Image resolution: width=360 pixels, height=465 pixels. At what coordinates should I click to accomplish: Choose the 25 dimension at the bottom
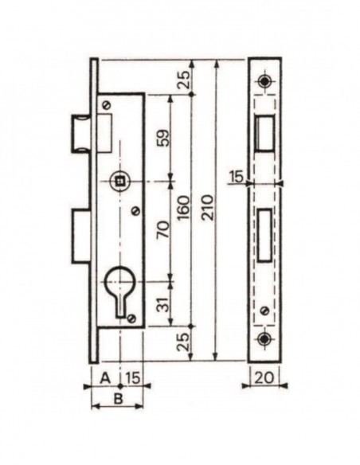tap(185, 342)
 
